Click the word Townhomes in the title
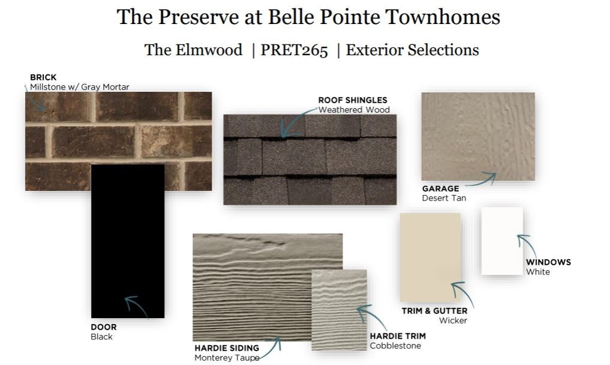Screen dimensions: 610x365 [x=443, y=17]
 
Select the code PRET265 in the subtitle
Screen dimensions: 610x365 [x=294, y=50]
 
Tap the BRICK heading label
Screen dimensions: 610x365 [x=43, y=77]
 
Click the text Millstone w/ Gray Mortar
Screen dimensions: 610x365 [x=80, y=87]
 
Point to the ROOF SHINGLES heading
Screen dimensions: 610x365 [x=353, y=100]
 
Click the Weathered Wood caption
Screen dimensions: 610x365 [x=354, y=110]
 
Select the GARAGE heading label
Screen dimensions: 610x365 [x=440, y=189]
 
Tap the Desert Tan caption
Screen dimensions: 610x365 [x=444, y=198]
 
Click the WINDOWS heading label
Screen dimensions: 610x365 [x=549, y=262]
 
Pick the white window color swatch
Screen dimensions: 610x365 [x=502, y=241]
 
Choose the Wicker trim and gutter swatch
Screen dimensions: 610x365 [x=430, y=257]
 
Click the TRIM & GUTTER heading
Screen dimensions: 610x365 [x=434, y=311]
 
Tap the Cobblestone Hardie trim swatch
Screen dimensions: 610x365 [x=339, y=310]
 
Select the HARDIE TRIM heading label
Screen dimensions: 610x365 [x=398, y=336]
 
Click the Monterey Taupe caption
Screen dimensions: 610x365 [x=227, y=358]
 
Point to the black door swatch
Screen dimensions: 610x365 [x=128, y=241]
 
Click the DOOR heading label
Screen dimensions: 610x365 [x=104, y=327]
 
